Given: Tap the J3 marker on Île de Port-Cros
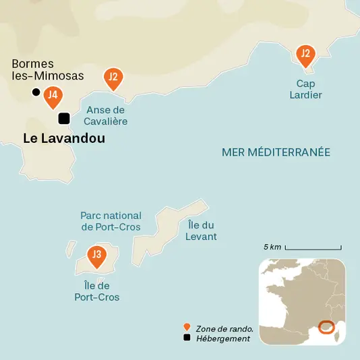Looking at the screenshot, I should coord(96,255).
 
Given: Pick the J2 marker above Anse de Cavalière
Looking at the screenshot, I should coord(113,78).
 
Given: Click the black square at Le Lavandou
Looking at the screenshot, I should coord(64,119).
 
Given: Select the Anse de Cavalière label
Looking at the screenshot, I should coord(106,115).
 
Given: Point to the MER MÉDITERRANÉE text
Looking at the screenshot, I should coord(276,152).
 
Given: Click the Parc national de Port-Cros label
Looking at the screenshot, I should coord(111,220).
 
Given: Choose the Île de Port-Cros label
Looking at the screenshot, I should coord(97,291).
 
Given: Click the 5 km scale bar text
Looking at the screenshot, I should coord(272,247).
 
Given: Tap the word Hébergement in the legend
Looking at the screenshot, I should coord(222,338).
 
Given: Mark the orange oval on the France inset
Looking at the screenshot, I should coord(326,327).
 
